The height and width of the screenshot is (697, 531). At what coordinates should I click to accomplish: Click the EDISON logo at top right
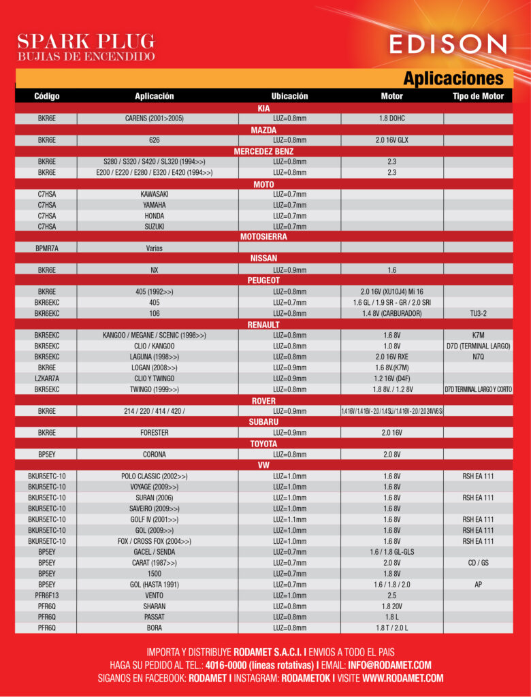(x=448, y=44)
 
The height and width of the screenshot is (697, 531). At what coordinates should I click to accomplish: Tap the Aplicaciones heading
(x=453, y=78)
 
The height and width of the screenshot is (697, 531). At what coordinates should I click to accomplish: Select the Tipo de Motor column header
(x=478, y=96)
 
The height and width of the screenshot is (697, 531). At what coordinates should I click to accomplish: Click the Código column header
(x=46, y=96)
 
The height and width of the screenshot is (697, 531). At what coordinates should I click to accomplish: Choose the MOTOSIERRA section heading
(x=264, y=237)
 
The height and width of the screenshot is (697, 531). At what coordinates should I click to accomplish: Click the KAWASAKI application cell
(x=155, y=194)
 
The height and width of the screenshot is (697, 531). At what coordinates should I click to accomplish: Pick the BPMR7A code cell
(x=46, y=248)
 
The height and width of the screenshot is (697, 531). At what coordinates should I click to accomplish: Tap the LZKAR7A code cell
(x=46, y=378)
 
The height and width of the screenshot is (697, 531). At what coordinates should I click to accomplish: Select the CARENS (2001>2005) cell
(x=155, y=118)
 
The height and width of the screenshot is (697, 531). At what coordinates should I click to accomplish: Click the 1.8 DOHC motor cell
(x=392, y=118)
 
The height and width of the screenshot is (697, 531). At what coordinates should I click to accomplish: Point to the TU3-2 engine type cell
(x=478, y=314)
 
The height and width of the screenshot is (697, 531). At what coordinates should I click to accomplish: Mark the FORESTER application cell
(x=155, y=432)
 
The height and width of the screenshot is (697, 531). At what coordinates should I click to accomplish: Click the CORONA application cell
(x=155, y=454)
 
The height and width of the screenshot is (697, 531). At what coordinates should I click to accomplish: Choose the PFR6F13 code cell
(x=46, y=595)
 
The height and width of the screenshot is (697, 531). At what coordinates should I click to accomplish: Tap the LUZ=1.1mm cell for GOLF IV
(x=290, y=519)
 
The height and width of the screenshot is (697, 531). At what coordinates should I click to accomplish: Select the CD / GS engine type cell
(x=478, y=563)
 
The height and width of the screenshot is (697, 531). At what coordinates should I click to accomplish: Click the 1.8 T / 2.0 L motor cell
(x=392, y=628)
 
